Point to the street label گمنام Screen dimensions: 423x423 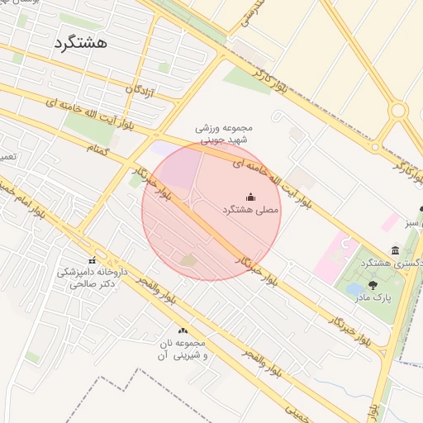99,146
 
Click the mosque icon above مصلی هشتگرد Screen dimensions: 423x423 251,197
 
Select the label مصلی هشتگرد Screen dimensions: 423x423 251,211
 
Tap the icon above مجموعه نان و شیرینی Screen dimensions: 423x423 183,331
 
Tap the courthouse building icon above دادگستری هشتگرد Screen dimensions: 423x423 396,250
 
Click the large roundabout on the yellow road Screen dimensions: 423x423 400,111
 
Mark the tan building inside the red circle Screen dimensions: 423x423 189,261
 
